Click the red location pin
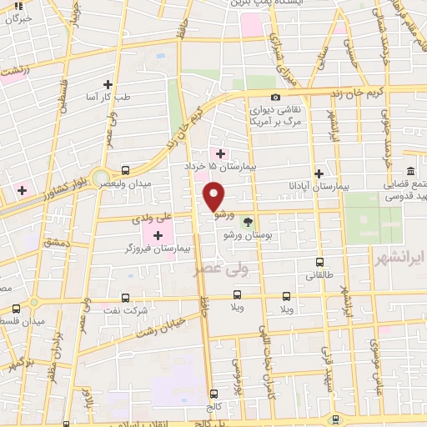(214, 196)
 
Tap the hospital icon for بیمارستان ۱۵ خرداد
(220, 153)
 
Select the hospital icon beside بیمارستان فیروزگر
(158, 236)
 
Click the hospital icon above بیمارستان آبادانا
(319, 173)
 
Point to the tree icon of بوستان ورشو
(247, 222)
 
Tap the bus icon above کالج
(214, 393)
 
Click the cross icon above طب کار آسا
(108, 84)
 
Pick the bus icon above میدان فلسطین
(34, 304)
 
